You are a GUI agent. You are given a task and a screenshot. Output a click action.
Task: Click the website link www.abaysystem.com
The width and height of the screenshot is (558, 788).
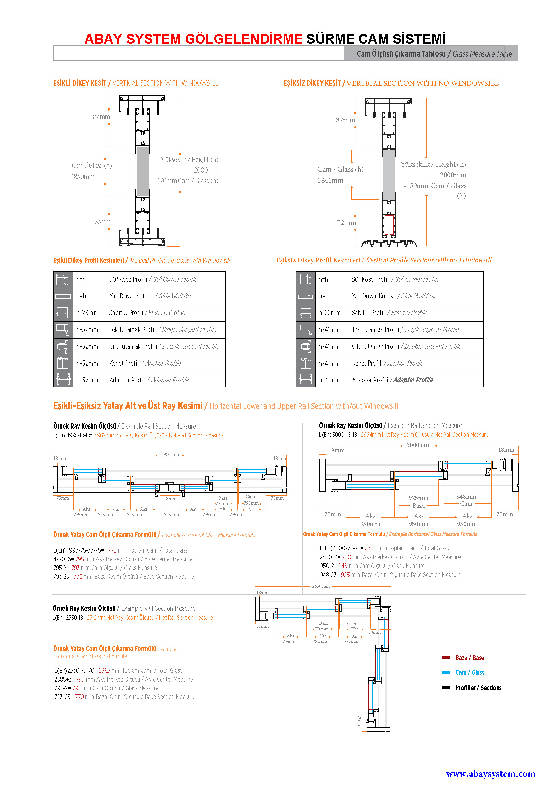pyautogui.click(x=490, y=774)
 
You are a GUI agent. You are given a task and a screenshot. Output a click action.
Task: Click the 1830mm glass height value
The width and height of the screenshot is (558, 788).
pyautogui.click(x=83, y=177)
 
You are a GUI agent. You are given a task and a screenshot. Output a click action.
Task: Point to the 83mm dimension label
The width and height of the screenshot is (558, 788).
pyautogui.click(x=103, y=222)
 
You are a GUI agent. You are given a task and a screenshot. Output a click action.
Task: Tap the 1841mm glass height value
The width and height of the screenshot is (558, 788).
pyautogui.click(x=330, y=180)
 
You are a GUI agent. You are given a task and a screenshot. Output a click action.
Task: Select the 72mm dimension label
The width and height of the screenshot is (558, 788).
pyautogui.click(x=346, y=223)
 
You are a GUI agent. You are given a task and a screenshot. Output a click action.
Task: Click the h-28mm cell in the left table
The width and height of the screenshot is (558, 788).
pyautogui.click(x=87, y=313)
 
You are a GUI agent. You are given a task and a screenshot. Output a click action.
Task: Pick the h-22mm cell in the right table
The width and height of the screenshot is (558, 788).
pyautogui.click(x=330, y=313)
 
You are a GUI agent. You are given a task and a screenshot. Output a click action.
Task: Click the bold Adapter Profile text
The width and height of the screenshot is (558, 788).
pyautogui.click(x=413, y=380)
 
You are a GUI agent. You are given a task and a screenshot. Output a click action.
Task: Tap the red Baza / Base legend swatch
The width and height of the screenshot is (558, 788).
pyautogui.click(x=446, y=657)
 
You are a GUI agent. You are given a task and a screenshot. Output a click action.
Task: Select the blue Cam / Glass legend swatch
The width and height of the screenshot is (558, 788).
pyautogui.click(x=446, y=672)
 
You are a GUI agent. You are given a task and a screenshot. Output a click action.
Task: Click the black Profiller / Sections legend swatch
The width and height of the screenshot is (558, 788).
pyautogui.click(x=446, y=688)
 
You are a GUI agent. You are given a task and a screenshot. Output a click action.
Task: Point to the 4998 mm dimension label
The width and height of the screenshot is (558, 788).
pyautogui.click(x=169, y=455)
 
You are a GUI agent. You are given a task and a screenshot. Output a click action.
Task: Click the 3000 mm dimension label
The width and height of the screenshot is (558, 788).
pyautogui.click(x=418, y=445)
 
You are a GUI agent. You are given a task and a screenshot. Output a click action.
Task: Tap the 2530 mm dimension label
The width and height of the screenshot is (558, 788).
pyautogui.click(x=320, y=586)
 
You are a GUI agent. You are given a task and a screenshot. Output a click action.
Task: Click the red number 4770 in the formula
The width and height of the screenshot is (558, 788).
pyautogui.click(x=111, y=550)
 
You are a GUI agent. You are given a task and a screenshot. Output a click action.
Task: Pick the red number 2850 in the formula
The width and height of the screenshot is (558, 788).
pyautogui.click(x=370, y=548)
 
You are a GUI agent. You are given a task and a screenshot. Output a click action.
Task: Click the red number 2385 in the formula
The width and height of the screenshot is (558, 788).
pyautogui.click(x=105, y=671)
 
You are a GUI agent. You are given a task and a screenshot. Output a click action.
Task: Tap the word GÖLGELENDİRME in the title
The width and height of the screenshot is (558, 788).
pyautogui.click(x=243, y=39)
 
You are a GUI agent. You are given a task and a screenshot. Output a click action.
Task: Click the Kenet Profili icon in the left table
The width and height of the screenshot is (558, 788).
pyautogui.click(x=63, y=363)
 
